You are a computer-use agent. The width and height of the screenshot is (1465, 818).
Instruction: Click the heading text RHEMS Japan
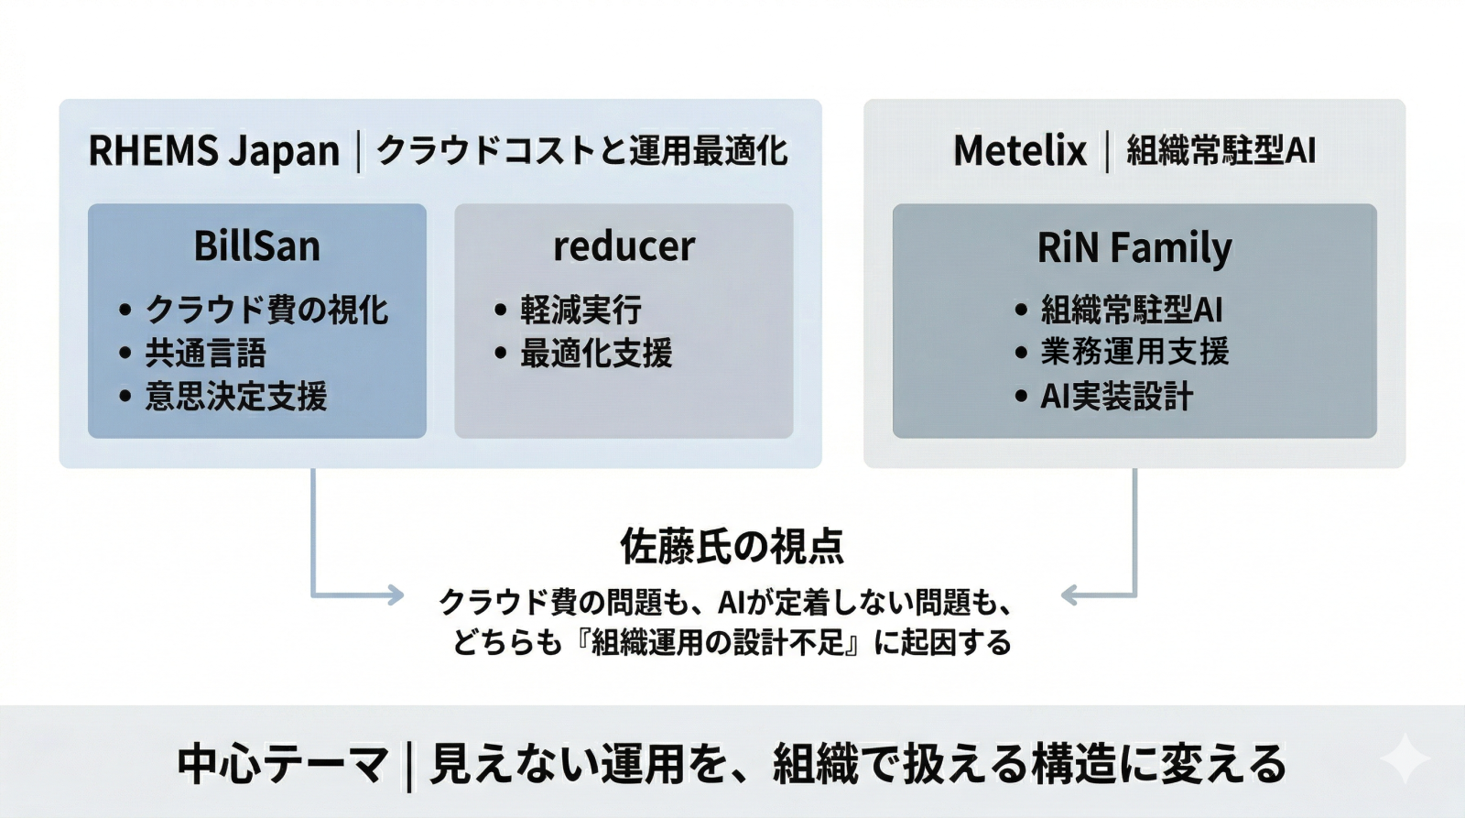[213, 151]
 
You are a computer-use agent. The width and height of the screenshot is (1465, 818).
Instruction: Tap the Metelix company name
[1019, 151]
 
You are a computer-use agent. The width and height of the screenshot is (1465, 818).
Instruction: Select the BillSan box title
[257, 246]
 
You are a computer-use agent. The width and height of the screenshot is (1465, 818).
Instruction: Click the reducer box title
[624, 246]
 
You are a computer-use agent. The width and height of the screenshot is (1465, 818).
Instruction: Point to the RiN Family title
[1134, 247]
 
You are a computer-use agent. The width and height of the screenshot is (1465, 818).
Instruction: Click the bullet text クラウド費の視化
[266, 310]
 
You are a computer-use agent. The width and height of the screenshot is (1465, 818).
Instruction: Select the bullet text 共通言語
[205, 353]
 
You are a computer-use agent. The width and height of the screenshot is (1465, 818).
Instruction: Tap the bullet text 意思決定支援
[235, 397]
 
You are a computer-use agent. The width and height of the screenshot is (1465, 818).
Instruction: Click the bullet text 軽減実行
[581, 310]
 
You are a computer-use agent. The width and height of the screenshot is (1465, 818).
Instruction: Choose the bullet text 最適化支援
[596, 353]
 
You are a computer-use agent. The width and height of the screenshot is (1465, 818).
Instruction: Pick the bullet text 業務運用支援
[1134, 352]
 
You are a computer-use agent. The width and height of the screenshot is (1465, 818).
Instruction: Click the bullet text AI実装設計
[1116, 397]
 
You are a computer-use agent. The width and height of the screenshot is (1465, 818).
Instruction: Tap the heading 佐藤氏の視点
[732, 546]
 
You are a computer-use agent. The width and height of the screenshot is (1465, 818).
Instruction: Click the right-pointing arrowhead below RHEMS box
[396, 595]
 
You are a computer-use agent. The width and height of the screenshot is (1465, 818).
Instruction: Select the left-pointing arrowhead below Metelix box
[1069, 595]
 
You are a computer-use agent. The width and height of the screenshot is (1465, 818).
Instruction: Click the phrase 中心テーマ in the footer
[283, 764]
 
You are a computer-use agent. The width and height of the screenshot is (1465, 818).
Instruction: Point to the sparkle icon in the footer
[1405, 759]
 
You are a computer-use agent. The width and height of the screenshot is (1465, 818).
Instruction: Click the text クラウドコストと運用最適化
[581, 151]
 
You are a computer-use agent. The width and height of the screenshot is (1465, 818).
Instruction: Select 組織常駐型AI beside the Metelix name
[1221, 151]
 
